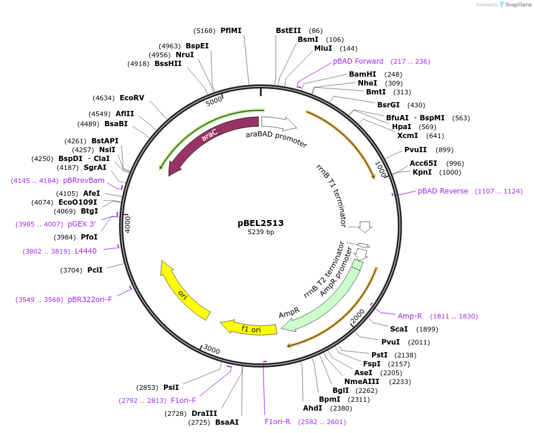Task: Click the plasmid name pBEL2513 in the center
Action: click(x=261, y=223)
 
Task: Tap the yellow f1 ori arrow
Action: click(x=248, y=329)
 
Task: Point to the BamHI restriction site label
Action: click(x=362, y=74)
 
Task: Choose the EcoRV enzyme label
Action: click(x=131, y=98)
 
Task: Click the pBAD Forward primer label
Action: click(x=358, y=61)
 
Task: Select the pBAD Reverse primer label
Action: click(x=443, y=191)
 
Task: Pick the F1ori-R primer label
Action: click(x=278, y=422)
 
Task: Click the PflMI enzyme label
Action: click(x=231, y=31)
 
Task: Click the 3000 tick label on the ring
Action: click(x=212, y=350)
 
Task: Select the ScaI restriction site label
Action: click(x=398, y=329)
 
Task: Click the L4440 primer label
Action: click(x=85, y=251)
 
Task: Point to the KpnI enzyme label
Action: click(x=421, y=172)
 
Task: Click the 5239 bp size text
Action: click(x=261, y=232)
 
